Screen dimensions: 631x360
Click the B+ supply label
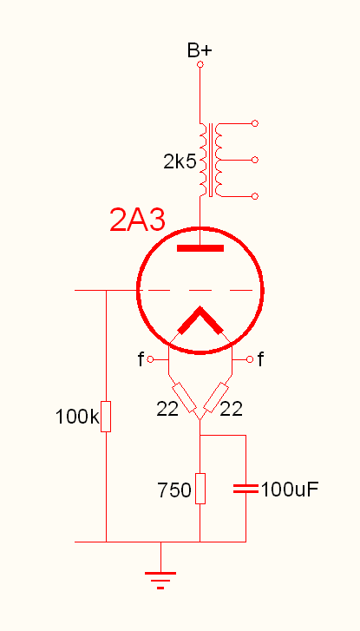200,49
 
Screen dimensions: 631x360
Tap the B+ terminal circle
200,65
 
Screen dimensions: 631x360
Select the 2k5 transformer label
180,161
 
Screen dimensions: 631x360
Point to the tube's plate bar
200,249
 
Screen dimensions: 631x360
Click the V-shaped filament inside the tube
200,322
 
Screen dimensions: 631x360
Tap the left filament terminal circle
151,358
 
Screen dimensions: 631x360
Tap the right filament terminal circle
250,358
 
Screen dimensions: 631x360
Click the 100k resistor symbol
106,417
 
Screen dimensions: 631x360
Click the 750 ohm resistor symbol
200,489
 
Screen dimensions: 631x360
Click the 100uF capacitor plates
246,489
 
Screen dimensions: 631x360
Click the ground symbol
160,576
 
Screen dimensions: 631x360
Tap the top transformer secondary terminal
254,124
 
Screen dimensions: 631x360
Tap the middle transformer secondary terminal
254,161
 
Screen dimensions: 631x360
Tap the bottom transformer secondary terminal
254,196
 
